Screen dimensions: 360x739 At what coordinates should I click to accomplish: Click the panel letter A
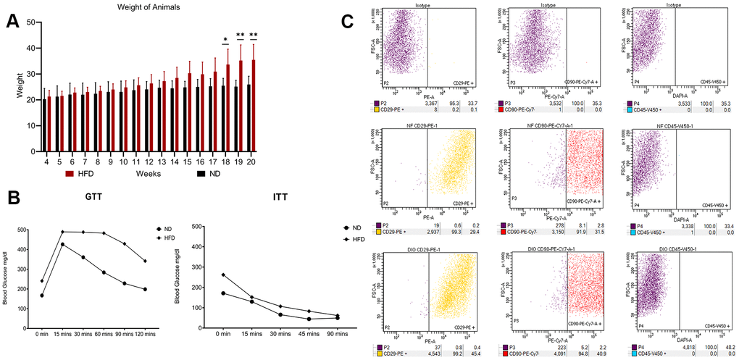(12, 22)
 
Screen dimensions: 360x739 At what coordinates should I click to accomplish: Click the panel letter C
(348, 21)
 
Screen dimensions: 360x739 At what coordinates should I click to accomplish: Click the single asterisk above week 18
(225, 40)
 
